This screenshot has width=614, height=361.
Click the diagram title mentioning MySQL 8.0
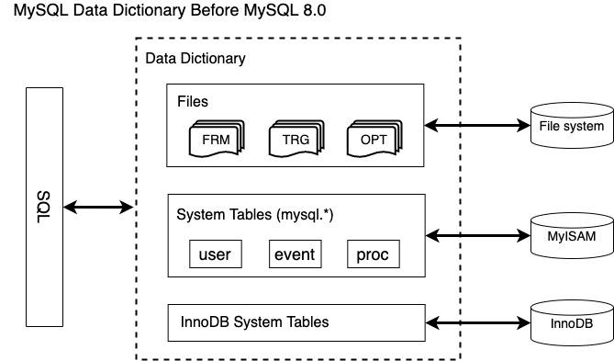coord(163,11)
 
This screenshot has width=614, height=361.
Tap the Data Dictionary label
coord(195,59)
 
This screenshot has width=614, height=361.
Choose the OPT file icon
coord(373,141)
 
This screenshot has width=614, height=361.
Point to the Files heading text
coord(193,100)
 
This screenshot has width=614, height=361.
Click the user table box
coord(215,254)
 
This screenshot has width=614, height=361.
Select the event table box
coord(294,254)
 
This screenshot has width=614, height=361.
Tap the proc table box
coord(373,254)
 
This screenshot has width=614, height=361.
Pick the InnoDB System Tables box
coord(296,322)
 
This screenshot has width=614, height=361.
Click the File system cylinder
coord(571,126)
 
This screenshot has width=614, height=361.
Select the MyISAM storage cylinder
coord(571,236)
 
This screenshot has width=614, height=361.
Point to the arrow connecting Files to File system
coord(477,125)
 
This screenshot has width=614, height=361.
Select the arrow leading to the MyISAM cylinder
coord(477,236)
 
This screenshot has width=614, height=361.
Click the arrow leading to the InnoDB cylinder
coord(477,323)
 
